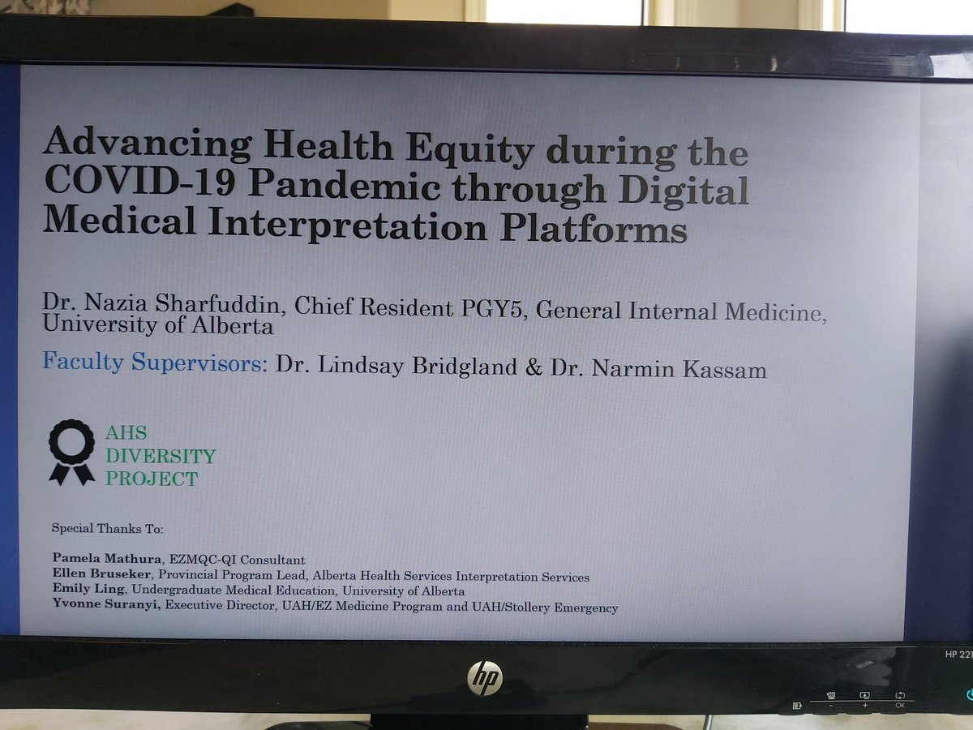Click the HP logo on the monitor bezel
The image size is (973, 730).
tap(485, 676)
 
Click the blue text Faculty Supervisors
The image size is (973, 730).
tap(155, 362)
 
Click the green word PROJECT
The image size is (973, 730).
tap(152, 479)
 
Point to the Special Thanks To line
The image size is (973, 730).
tap(107, 529)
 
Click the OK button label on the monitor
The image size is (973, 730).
tap(900, 705)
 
